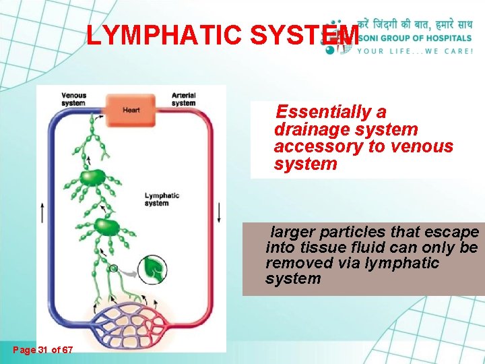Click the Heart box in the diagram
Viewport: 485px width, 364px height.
(131, 109)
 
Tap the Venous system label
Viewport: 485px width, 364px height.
(73, 99)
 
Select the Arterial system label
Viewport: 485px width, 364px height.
(183, 99)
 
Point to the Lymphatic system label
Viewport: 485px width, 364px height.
(162, 200)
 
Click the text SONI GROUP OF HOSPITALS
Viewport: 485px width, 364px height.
(416, 38)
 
